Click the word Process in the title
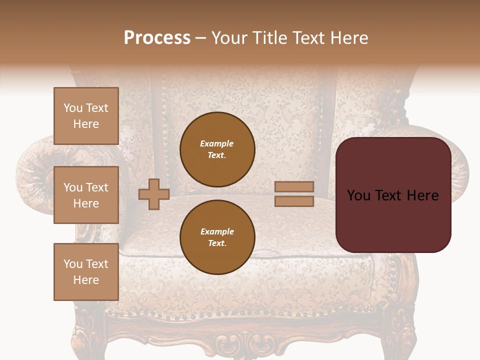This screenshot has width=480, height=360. point(157,37)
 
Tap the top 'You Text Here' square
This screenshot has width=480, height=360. point(86,116)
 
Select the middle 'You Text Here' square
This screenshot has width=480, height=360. point(86,195)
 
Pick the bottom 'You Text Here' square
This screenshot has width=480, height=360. point(86,272)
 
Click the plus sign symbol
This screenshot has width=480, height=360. point(153,194)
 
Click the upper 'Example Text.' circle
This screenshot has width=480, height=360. point(217,149)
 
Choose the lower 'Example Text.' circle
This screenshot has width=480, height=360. point(217,237)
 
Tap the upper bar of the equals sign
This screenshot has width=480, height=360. point(294,186)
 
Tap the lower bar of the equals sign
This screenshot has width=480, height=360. point(294,201)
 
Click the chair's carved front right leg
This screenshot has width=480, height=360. point(400,335)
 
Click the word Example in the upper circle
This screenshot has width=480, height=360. point(217,143)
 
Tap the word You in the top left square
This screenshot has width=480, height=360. point(73,108)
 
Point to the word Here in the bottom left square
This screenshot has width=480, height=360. point(86,280)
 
